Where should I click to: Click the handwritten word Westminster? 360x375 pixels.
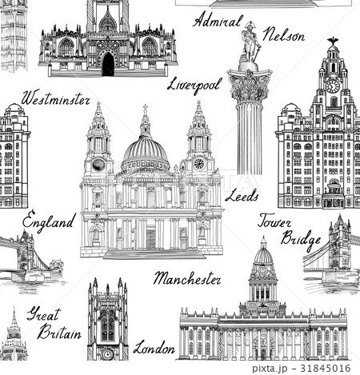click(x=55, y=99)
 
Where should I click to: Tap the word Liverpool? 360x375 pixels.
click(x=194, y=84)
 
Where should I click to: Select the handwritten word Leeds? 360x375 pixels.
click(x=241, y=193)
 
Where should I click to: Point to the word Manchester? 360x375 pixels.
click(x=187, y=279)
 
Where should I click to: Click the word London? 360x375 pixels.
click(x=154, y=348)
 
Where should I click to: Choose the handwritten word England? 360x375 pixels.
click(x=49, y=220)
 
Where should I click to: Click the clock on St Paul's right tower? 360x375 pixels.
click(x=198, y=164)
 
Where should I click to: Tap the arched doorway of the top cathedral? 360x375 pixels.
click(x=107, y=65)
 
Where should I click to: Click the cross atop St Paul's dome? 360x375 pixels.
click(x=145, y=109)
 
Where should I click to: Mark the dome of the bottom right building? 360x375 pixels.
click(x=262, y=257)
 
